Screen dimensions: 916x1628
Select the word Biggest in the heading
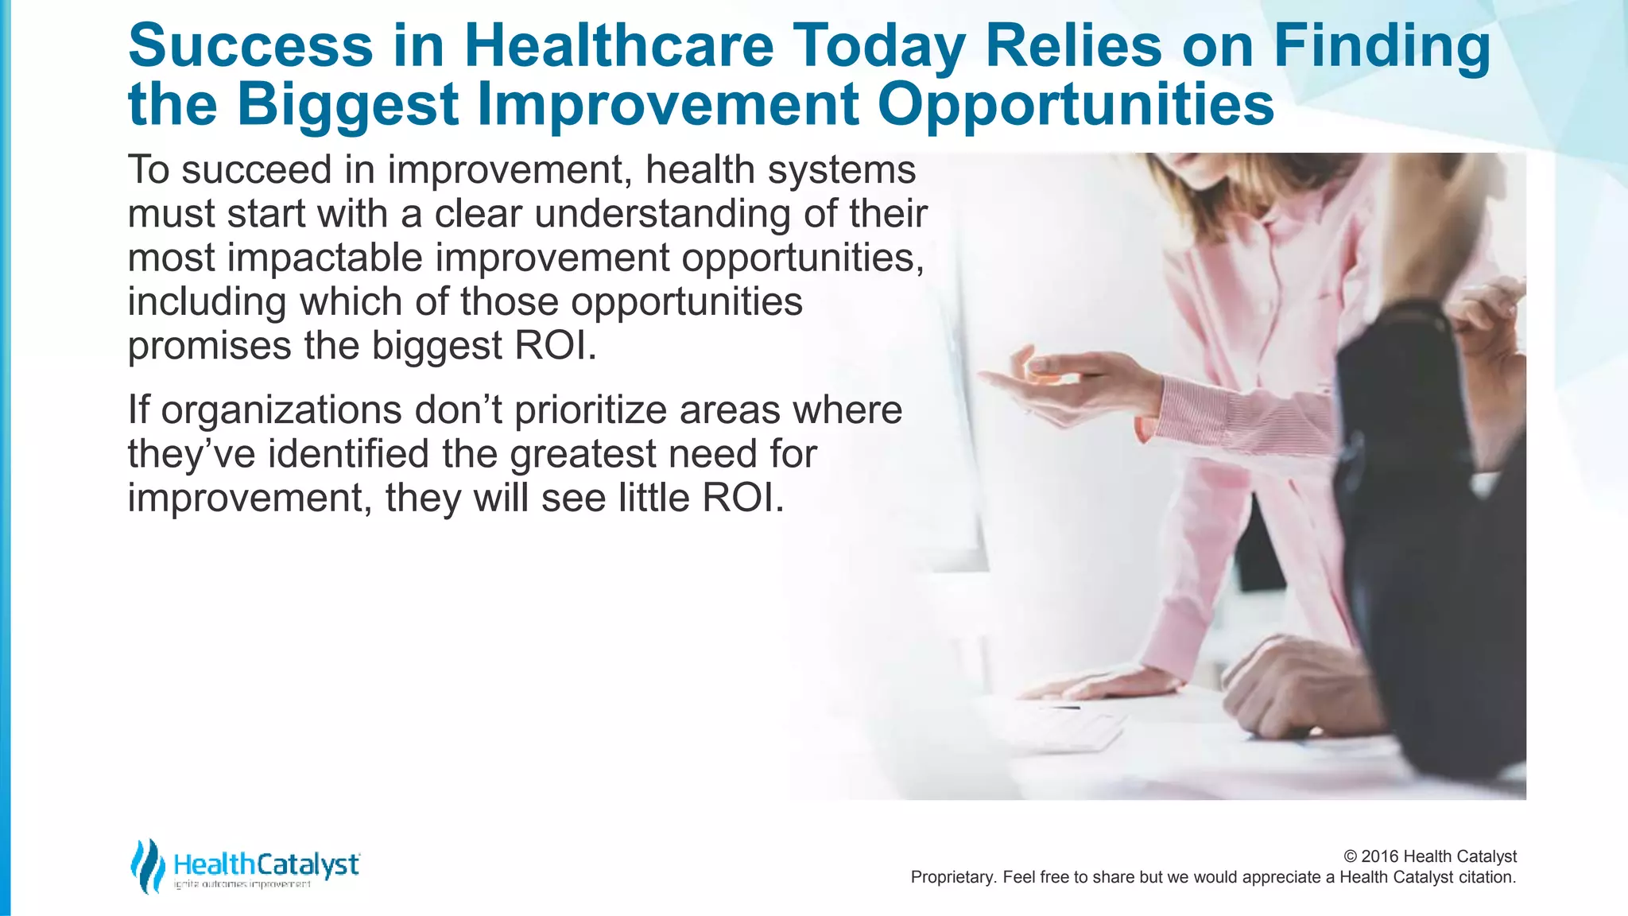(347, 104)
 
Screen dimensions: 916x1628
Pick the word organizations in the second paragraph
(281, 410)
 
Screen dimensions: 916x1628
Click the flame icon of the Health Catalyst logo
(147, 866)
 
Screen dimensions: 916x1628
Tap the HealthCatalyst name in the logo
(266, 864)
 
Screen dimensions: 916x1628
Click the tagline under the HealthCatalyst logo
(242, 884)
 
